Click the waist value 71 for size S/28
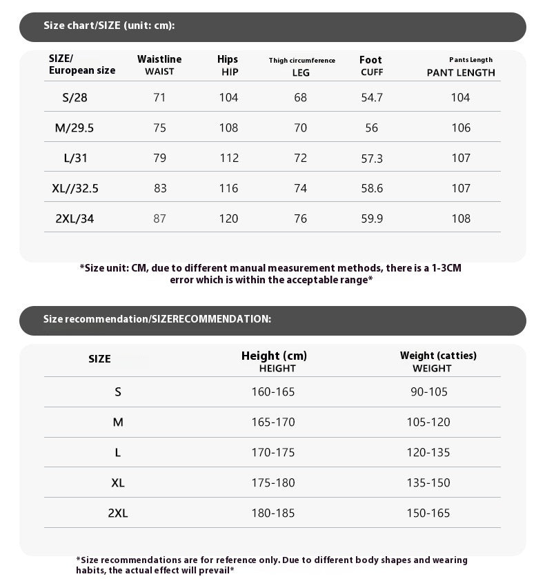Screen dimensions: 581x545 tap(159, 97)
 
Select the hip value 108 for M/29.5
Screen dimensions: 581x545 tap(228, 128)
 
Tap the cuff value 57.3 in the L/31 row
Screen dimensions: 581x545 tap(372, 159)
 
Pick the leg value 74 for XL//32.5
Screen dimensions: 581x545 tap(301, 188)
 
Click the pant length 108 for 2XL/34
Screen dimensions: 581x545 tap(460, 218)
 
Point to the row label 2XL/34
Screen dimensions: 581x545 tap(75, 218)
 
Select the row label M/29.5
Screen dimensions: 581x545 tap(75, 128)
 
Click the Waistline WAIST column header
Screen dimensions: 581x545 tap(159, 65)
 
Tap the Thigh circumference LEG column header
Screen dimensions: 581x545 tap(301, 66)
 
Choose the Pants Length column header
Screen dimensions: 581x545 tap(462, 66)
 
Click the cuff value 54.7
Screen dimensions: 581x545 tap(372, 97)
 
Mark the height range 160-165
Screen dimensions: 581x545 tap(272, 391)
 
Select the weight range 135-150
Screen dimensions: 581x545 tap(428, 482)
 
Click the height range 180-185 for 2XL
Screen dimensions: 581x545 tap(272, 513)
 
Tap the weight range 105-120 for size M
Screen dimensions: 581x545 tap(428, 422)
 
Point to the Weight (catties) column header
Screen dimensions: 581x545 tap(438, 361)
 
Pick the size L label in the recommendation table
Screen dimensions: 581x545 tap(118, 452)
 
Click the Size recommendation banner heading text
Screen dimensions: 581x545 tap(157, 319)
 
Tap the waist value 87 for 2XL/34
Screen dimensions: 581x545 tap(159, 218)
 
